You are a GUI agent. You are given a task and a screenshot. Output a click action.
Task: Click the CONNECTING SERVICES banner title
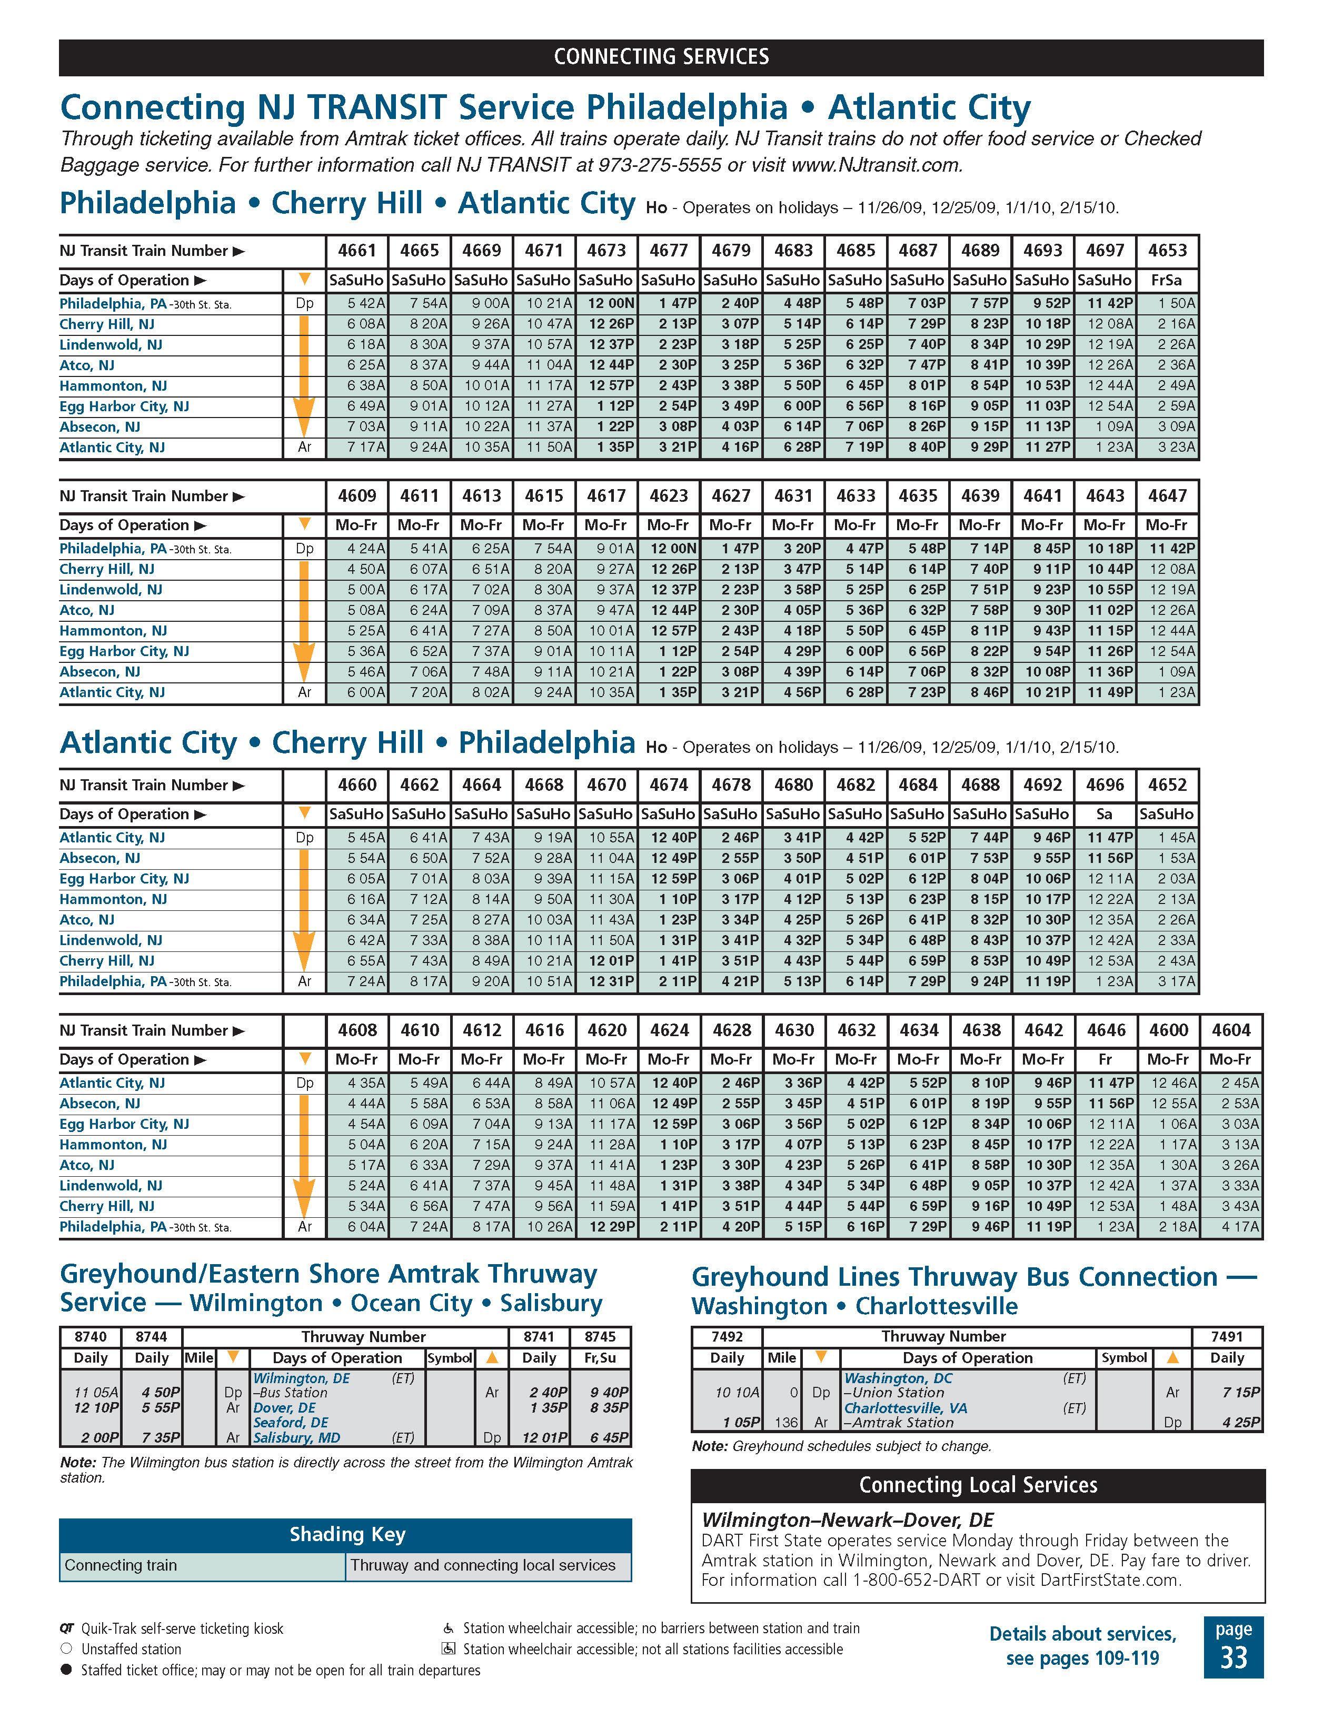661,57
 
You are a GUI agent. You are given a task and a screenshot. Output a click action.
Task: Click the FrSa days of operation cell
1167,280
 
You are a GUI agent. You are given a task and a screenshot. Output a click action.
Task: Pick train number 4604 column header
1230,1030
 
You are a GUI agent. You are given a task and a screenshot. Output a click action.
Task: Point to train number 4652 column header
1167,784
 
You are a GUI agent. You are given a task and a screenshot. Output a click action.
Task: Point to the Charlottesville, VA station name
894,1407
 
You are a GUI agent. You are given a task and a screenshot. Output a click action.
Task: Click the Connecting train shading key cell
121,1565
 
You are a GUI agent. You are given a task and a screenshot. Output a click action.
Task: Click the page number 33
1234,1657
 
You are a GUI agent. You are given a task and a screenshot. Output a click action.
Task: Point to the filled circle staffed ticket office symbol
66,1669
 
